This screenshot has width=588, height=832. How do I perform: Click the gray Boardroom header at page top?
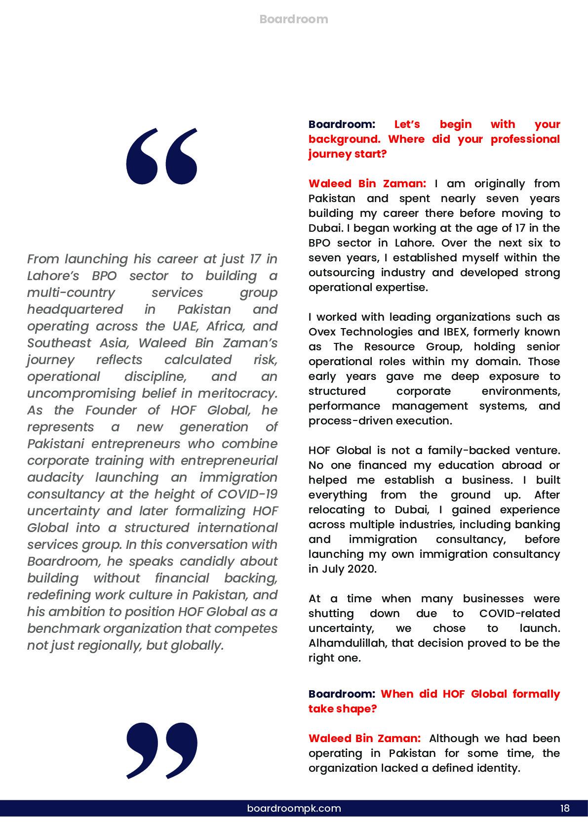pyautogui.click(x=293, y=19)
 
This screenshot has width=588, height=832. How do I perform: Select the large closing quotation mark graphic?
pyautogui.click(x=161, y=750)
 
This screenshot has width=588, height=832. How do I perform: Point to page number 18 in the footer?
pyautogui.click(x=565, y=808)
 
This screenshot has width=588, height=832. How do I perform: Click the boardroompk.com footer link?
pyautogui.click(x=294, y=808)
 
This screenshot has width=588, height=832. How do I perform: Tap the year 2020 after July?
pyautogui.click(x=362, y=569)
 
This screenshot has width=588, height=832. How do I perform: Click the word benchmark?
pyautogui.click(x=61, y=628)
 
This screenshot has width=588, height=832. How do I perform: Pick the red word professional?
pyautogui.click(x=525, y=139)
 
